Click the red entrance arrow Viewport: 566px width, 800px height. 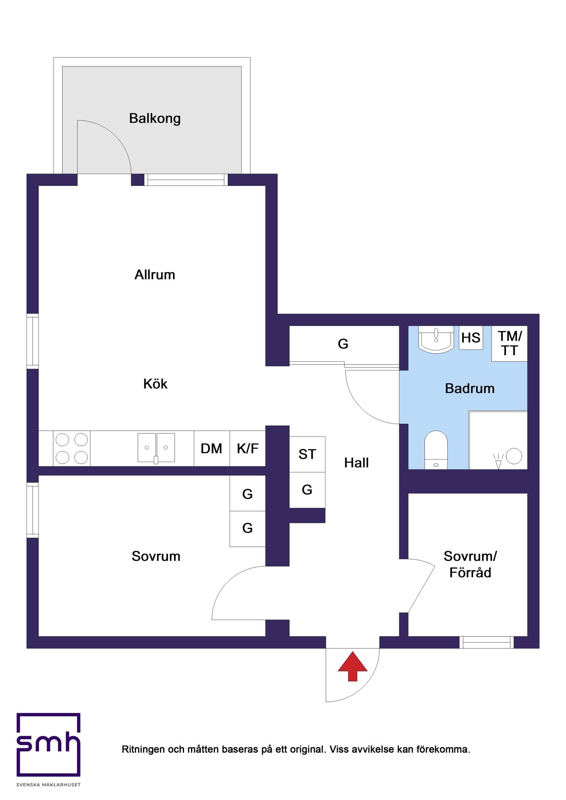[x=352, y=666]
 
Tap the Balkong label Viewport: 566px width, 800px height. [x=155, y=118]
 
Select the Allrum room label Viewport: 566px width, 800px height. [x=155, y=275]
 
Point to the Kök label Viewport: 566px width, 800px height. [x=155, y=383]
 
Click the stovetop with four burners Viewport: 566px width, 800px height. [x=72, y=448]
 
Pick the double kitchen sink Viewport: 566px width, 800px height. [x=156, y=448]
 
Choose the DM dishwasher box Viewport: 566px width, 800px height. [x=211, y=448]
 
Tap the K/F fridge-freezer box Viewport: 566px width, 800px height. [x=248, y=448]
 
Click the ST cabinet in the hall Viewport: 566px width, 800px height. [x=307, y=454]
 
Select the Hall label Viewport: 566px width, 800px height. [x=356, y=463]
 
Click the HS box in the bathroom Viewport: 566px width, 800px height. [x=470, y=338]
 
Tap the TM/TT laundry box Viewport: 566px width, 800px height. [x=509, y=344]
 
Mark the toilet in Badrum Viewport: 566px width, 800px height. [x=436, y=450]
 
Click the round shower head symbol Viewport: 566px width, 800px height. [x=514, y=456]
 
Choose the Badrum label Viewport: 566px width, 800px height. [x=470, y=388]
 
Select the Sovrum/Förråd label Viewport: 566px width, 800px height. [x=470, y=564]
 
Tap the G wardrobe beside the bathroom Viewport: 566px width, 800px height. [x=343, y=344]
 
